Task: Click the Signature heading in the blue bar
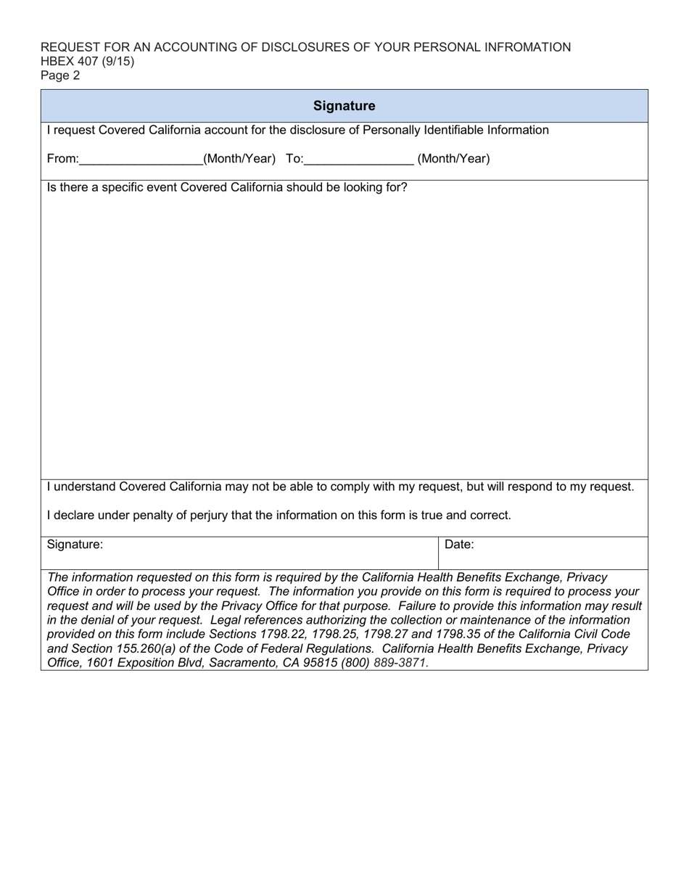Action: [344, 106]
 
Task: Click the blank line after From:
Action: [141, 160]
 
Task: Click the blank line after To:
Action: [359, 160]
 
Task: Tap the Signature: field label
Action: [75, 545]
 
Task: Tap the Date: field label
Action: [459, 545]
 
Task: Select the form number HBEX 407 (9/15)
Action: [87, 61]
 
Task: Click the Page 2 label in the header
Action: [60, 75]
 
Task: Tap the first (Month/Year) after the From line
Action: [239, 159]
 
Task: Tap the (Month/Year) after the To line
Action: [453, 159]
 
